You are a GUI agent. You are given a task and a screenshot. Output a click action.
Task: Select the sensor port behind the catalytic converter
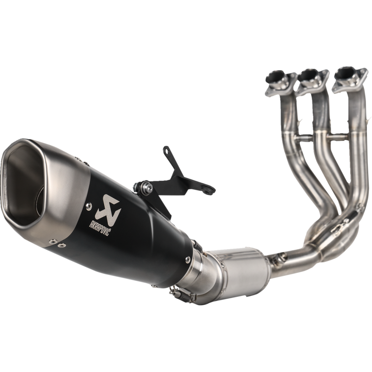(x=279, y=255)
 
